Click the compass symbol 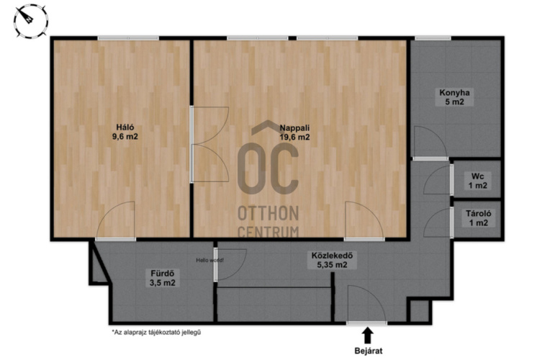(x=31, y=21)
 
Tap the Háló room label (x=125, y=132)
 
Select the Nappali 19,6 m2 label (x=295, y=132)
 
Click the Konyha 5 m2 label (x=454, y=97)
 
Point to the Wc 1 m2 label (x=478, y=181)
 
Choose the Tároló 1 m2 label (x=479, y=218)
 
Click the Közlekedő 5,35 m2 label (x=332, y=260)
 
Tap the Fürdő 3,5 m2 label (x=163, y=278)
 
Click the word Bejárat (x=368, y=351)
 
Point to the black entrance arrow (x=368, y=336)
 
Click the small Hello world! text (x=209, y=261)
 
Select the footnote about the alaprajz (x=156, y=332)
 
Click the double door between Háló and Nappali (x=209, y=144)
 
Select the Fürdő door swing (x=230, y=265)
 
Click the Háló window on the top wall (x=127, y=38)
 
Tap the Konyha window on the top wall (x=433, y=38)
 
